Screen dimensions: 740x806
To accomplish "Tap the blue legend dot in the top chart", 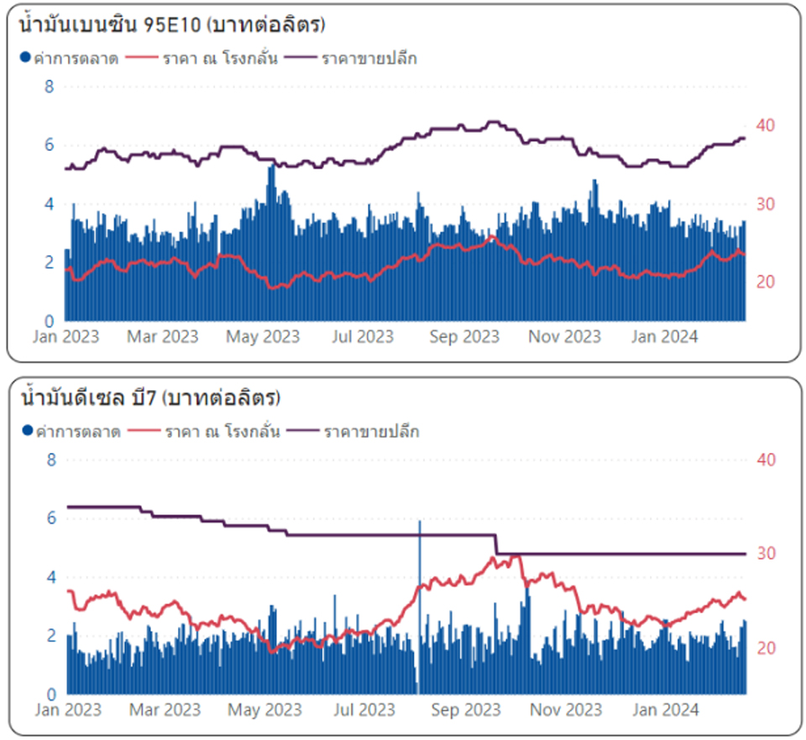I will coord(25,59).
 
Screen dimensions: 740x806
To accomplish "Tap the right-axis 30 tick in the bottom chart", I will coord(766,554).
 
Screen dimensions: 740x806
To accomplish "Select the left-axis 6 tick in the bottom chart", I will coord(50,519).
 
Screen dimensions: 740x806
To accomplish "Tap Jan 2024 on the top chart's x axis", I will coord(664,337).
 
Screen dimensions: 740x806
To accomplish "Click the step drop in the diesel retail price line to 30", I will coord(496,545).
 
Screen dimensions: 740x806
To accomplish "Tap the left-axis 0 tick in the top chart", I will coord(50,320).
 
